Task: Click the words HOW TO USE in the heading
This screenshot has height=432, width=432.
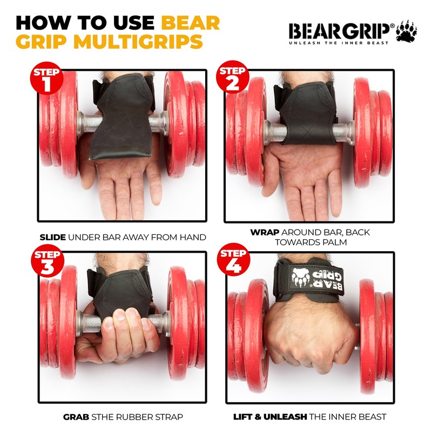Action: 86,23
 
